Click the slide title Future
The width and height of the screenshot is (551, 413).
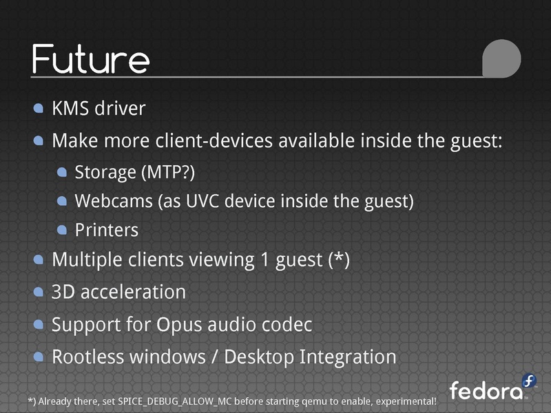(91, 59)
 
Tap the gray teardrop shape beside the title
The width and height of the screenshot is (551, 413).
(501, 59)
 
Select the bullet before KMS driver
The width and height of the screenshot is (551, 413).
(39, 108)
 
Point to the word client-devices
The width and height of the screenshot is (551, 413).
(214, 140)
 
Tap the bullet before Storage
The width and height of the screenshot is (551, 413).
(62, 172)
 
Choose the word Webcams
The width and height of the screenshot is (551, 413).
(114, 201)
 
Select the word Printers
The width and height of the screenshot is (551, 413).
(107, 230)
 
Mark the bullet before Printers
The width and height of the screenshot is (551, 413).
(62, 230)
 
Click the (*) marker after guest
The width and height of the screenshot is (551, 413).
(339, 260)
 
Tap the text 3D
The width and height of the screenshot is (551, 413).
(63, 292)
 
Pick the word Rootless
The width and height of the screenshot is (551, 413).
(89, 357)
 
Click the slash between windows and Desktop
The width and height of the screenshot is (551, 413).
(215, 357)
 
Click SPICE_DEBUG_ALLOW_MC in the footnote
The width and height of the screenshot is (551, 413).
(174, 401)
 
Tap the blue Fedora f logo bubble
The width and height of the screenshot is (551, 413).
(528, 381)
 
